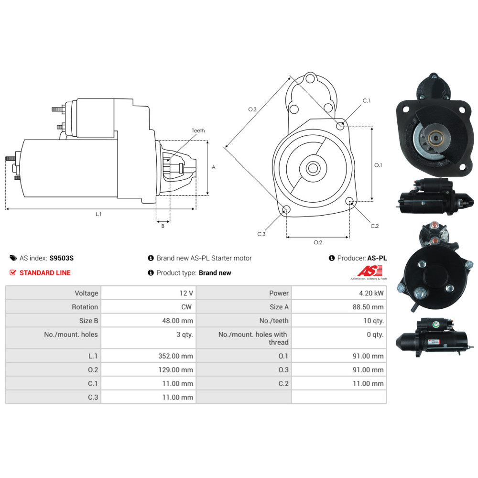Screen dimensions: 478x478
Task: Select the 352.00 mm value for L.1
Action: (x=180, y=356)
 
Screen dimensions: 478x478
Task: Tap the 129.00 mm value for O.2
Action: (x=180, y=369)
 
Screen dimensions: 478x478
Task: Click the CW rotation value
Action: (x=186, y=307)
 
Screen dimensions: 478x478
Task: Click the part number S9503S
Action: (x=62, y=258)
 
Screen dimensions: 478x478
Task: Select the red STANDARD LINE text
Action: (x=45, y=272)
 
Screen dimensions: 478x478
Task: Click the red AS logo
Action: (x=367, y=271)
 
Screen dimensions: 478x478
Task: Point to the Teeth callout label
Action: (x=198, y=130)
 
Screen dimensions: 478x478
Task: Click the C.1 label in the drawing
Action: (x=367, y=101)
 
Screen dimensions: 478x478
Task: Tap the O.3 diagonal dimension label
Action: (x=252, y=109)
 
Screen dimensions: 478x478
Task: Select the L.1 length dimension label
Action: (x=98, y=214)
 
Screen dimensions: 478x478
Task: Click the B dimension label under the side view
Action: (x=163, y=226)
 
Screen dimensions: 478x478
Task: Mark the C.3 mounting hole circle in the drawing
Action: (x=286, y=209)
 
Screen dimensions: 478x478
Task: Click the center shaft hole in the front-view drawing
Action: (x=314, y=168)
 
